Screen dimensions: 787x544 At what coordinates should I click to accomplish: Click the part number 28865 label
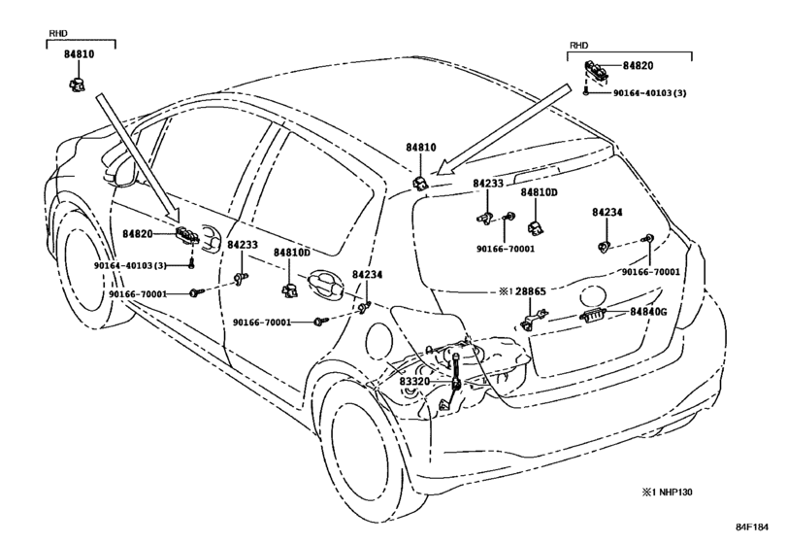coord(530,291)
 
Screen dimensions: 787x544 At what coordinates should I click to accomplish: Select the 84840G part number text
coord(648,312)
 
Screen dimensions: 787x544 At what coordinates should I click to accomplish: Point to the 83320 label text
coord(414,381)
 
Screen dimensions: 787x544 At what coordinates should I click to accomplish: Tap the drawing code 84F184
coord(752,527)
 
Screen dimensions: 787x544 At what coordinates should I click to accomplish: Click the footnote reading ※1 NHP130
coord(667,492)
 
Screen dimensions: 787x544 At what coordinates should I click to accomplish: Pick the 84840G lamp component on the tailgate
coord(593,315)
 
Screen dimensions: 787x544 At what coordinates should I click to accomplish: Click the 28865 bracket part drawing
coord(532,320)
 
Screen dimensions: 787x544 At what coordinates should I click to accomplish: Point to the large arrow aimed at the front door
coord(138,157)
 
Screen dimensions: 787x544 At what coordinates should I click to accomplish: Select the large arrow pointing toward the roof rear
coord(504,129)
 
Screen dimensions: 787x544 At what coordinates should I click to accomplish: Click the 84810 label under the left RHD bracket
coord(79,54)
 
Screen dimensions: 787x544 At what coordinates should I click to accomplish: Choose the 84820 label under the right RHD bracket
coord(639,66)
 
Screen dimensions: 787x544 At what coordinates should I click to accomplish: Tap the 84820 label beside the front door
coord(138,233)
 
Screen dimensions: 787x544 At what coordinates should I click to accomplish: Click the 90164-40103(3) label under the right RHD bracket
coord(649,93)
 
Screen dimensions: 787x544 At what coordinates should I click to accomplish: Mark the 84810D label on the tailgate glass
coord(539,192)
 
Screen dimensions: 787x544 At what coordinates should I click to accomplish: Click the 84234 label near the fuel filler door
coord(367,274)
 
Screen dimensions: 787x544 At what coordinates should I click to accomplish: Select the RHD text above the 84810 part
coord(58,33)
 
